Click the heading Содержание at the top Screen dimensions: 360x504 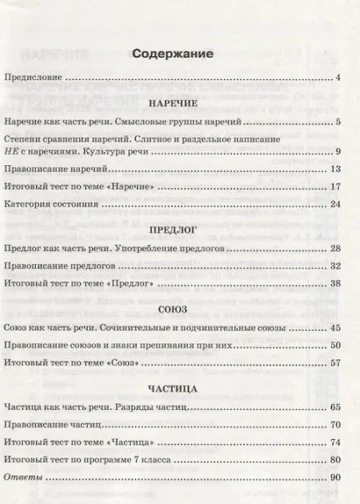(172, 54)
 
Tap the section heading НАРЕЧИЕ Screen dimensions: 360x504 (171, 102)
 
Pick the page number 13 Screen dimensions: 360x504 (335, 168)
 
